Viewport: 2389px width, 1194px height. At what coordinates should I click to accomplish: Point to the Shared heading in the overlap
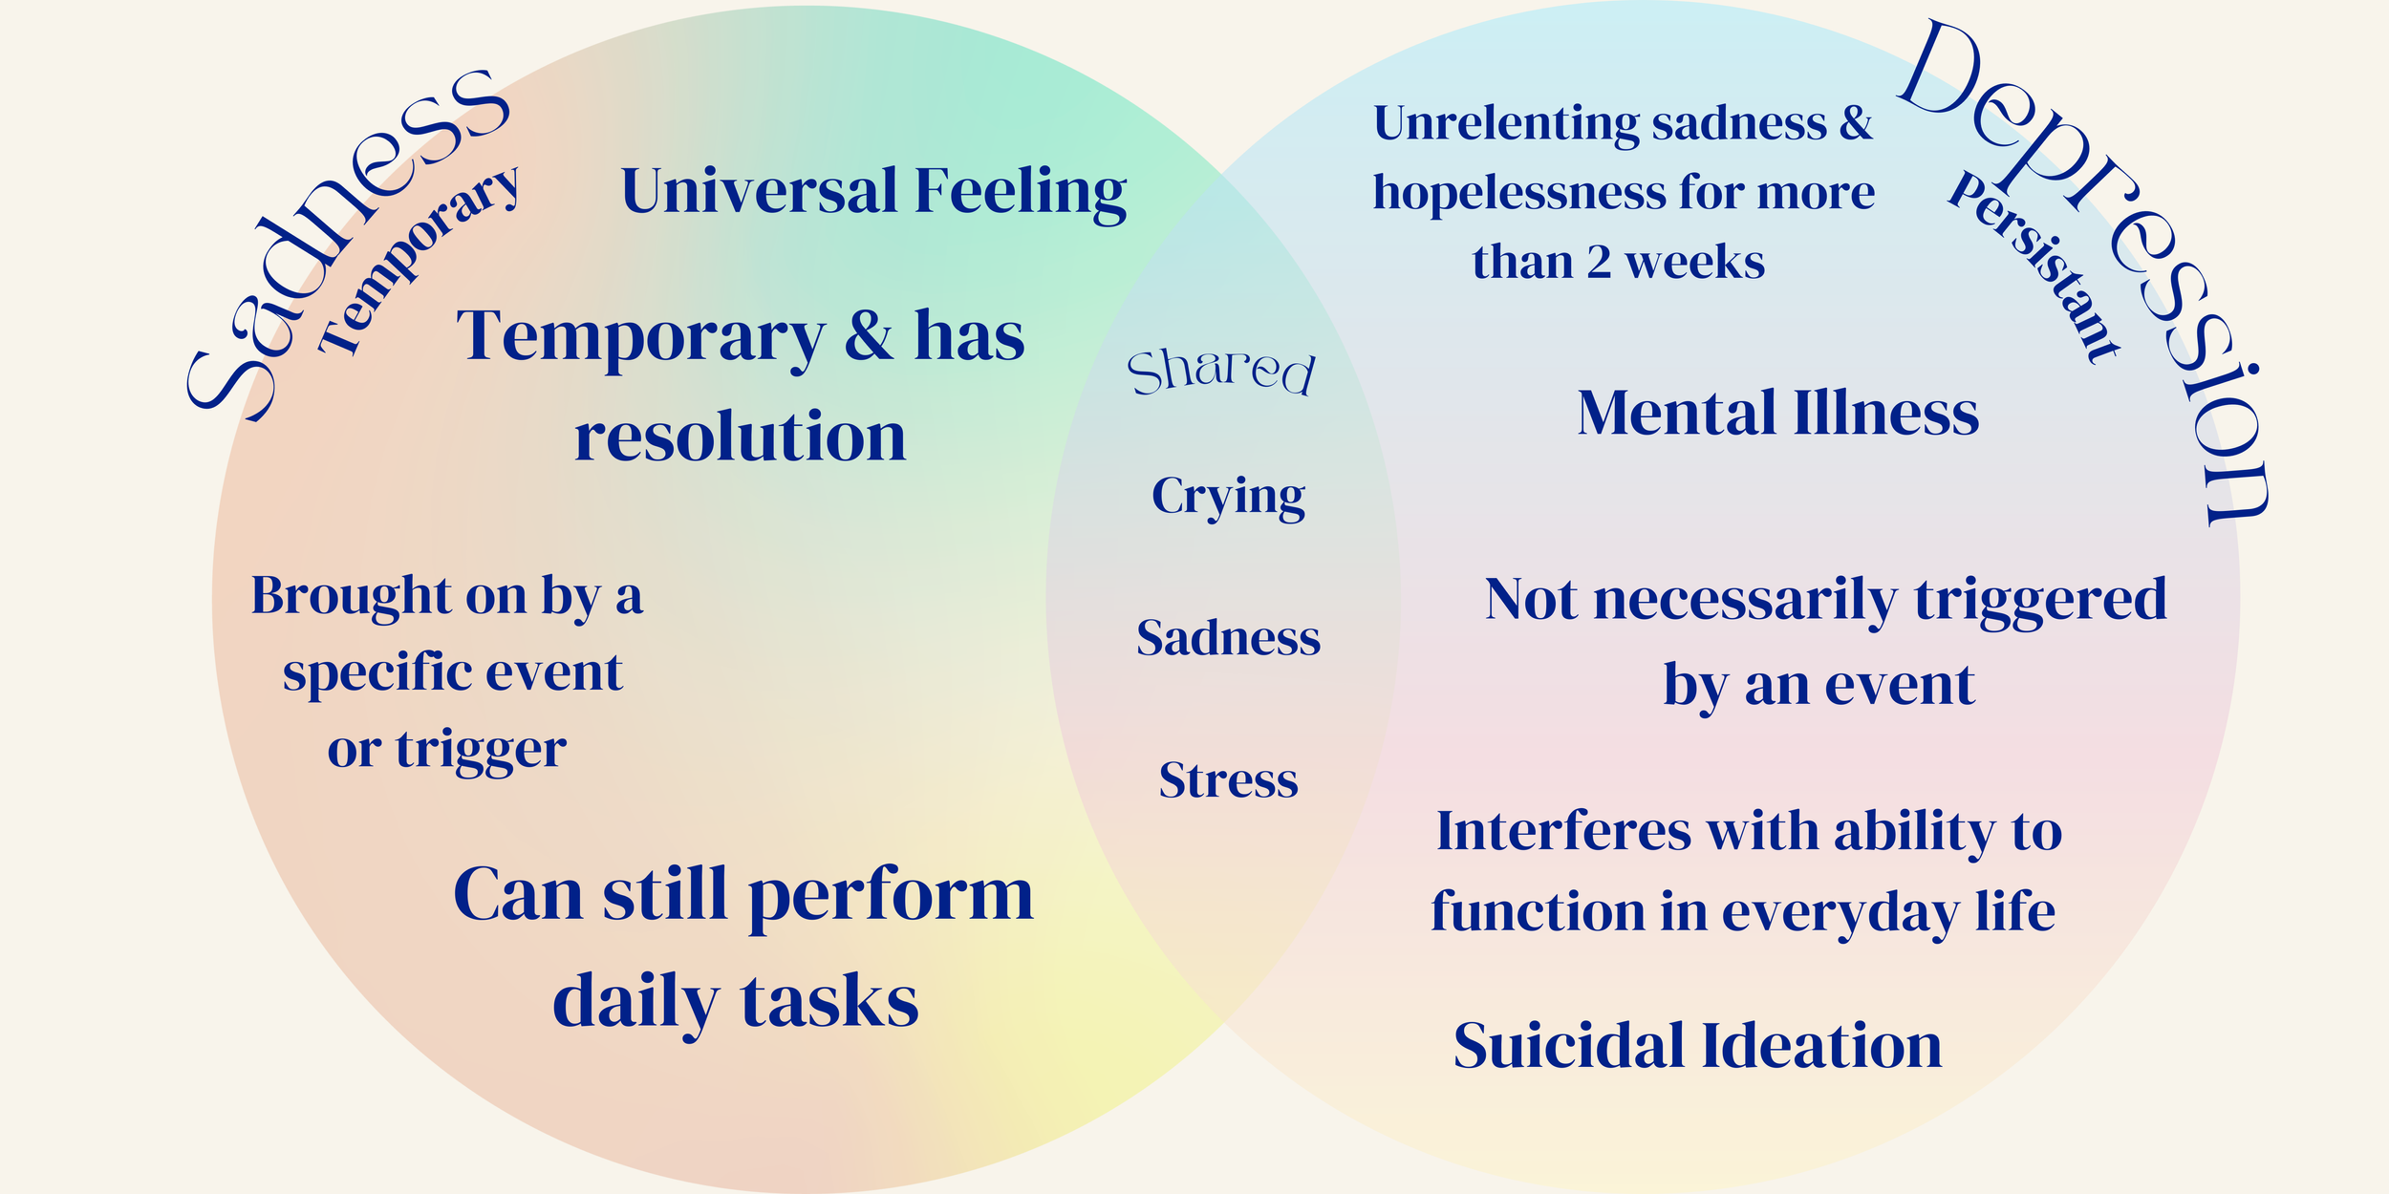click(x=1221, y=372)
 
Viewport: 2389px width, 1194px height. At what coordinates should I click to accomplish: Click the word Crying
click(x=1228, y=497)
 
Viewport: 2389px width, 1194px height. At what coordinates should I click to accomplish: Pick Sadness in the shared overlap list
click(x=1228, y=638)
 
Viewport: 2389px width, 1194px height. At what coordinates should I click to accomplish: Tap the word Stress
click(x=1228, y=780)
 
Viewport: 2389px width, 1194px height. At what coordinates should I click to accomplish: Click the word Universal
click(x=760, y=191)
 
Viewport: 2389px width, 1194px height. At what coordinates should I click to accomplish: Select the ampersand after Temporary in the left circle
click(x=868, y=336)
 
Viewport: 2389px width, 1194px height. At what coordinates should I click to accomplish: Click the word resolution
click(x=740, y=437)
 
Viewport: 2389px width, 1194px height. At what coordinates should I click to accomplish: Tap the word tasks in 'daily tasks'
click(x=829, y=1002)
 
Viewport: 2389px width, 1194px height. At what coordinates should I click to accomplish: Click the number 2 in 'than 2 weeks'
click(x=1599, y=263)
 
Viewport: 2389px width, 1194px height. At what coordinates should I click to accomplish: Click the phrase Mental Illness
click(x=1777, y=414)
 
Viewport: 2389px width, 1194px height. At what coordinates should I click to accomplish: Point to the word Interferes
click(x=1563, y=831)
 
